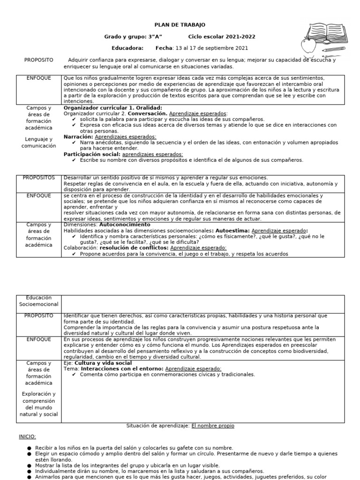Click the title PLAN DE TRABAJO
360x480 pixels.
click(180, 25)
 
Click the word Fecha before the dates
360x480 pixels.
click(164, 48)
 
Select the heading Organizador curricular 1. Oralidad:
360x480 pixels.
click(112, 108)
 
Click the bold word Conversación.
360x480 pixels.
click(148, 113)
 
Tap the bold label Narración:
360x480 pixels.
click(78, 136)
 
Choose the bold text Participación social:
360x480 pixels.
click(92, 154)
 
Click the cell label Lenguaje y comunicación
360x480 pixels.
click(39, 142)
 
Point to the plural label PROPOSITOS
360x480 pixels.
click(39, 178)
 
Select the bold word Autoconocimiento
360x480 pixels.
click(120, 225)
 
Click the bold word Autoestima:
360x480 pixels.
click(232, 231)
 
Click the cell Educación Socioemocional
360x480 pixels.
click(39, 301)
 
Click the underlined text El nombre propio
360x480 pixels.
click(213, 426)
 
